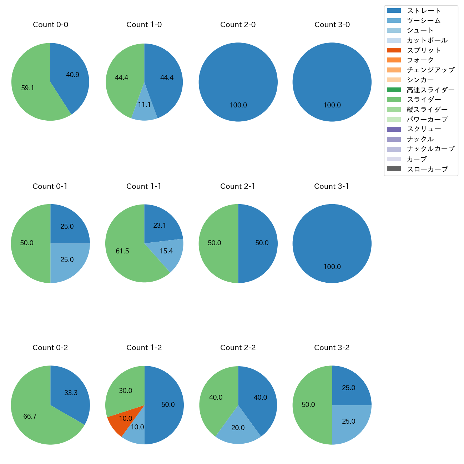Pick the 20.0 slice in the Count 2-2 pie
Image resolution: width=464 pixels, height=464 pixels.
click(x=238, y=430)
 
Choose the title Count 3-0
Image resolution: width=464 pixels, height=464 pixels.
click(x=332, y=25)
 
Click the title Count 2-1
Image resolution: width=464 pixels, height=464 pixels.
click(x=238, y=186)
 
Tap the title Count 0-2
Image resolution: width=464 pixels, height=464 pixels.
click(x=50, y=348)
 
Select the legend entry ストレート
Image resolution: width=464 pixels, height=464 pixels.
click(x=424, y=11)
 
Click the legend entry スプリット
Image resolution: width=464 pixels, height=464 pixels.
click(x=424, y=50)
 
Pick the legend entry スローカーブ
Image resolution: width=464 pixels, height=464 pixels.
click(x=427, y=169)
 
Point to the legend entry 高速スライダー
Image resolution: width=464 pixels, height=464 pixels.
click(x=430, y=90)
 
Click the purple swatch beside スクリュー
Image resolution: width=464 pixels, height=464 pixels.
click(x=394, y=129)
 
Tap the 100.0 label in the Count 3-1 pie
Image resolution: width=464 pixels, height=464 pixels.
click(x=332, y=267)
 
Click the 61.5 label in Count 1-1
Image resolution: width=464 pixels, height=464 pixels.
click(x=122, y=251)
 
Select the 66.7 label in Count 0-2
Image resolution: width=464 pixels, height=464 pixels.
click(x=30, y=417)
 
